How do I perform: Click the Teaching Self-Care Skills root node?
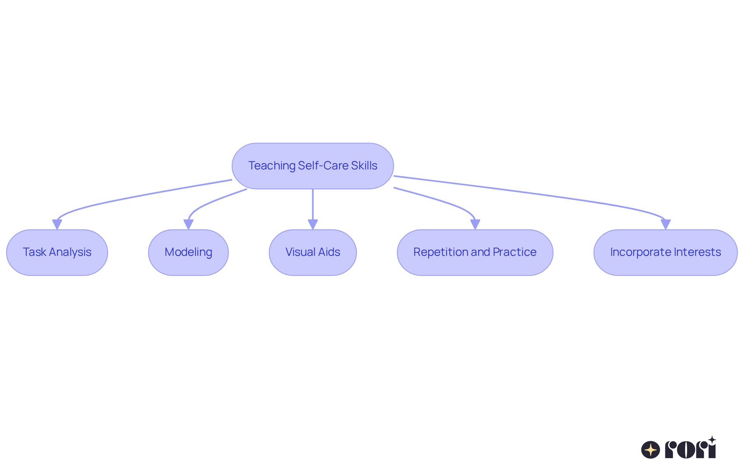pyautogui.click(x=313, y=166)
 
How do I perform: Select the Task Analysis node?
pyautogui.click(x=57, y=252)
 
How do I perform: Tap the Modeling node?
pyautogui.click(x=188, y=252)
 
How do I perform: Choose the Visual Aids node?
pyautogui.click(x=313, y=252)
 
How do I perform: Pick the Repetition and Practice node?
pyautogui.click(x=475, y=252)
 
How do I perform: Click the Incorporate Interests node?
pyautogui.click(x=665, y=252)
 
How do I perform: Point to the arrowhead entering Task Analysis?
pyautogui.click(x=57, y=224)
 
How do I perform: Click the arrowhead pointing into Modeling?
pyautogui.click(x=188, y=224)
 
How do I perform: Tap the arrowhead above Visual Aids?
pyautogui.click(x=313, y=224)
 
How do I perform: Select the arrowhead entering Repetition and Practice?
pyautogui.click(x=475, y=224)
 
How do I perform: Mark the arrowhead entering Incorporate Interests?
pyautogui.click(x=665, y=224)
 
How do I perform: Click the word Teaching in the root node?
pyautogui.click(x=272, y=166)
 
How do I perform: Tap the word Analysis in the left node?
pyautogui.click(x=70, y=252)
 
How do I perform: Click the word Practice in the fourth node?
pyautogui.click(x=515, y=252)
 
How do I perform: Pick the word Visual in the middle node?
pyautogui.click(x=300, y=252)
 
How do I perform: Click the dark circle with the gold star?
pyautogui.click(x=651, y=450)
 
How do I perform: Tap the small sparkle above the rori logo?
pyautogui.click(x=712, y=440)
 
